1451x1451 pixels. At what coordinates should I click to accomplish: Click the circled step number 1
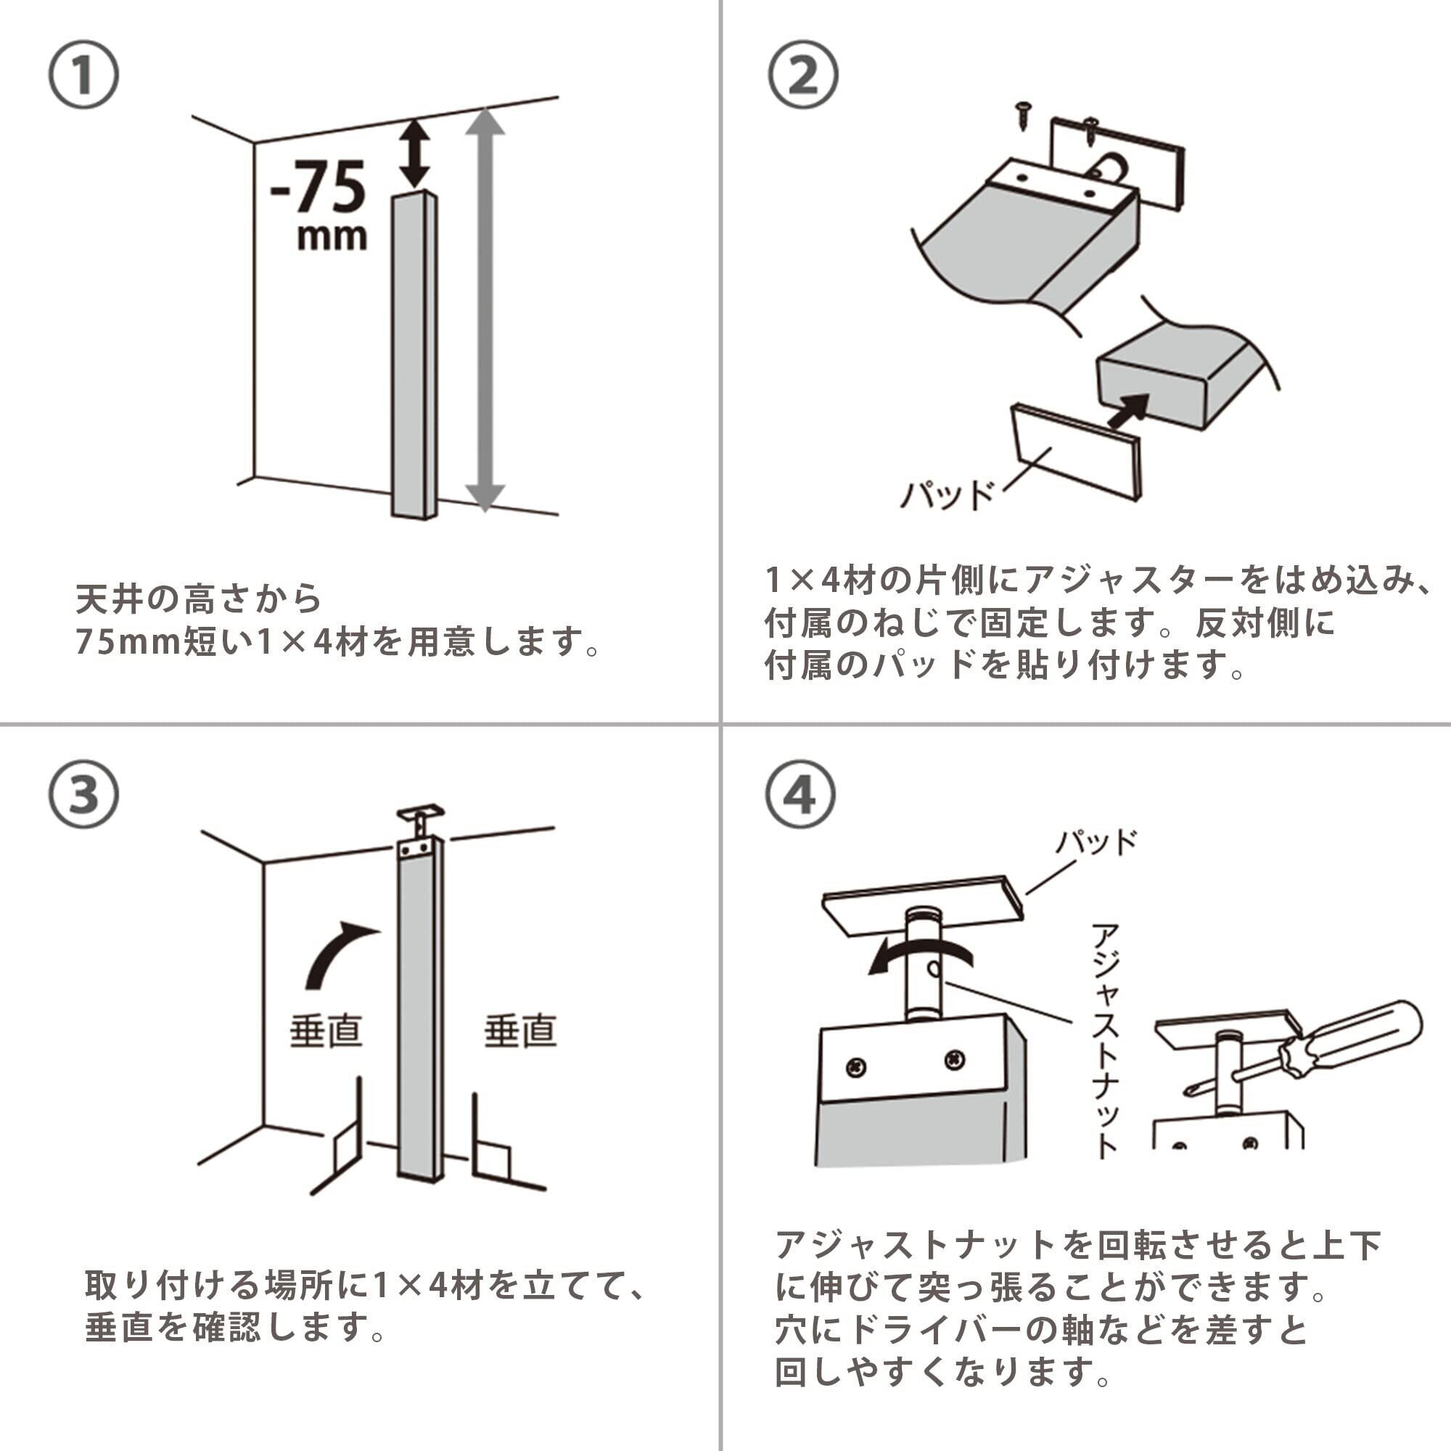click(x=83, y=75)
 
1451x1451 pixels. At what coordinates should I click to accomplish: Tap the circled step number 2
click(x=803, y=75)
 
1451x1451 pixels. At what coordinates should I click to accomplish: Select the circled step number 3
click(x=83, y=794)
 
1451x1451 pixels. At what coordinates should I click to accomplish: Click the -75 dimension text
click(x=319, y=188)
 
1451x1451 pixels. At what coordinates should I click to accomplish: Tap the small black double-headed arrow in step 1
click(x=414, y=155)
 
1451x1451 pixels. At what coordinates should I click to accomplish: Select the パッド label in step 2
click(x=947, y=495)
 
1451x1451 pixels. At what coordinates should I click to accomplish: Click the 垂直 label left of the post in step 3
click(x=326, y=1030)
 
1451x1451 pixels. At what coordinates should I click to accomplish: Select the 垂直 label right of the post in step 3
click(x=519, y=1030)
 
